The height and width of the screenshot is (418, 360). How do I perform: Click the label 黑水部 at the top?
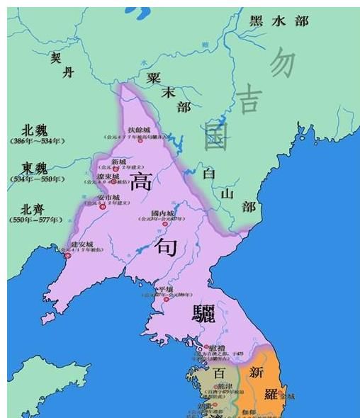pos(279,21)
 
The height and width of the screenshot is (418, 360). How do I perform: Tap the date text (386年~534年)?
pos(38,141)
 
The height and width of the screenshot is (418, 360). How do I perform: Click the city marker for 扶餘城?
pos(140,140)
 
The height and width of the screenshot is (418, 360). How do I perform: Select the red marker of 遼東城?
pos(113,181)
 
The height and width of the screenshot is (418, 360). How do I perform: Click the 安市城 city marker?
pos(103,205)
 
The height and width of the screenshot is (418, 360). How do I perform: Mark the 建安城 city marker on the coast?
pos(68,254)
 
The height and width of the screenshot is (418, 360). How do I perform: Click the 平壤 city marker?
pos(166,299)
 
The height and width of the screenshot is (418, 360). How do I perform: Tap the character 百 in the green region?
pos(218,372)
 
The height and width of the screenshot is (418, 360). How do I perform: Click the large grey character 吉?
pos(248,98)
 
